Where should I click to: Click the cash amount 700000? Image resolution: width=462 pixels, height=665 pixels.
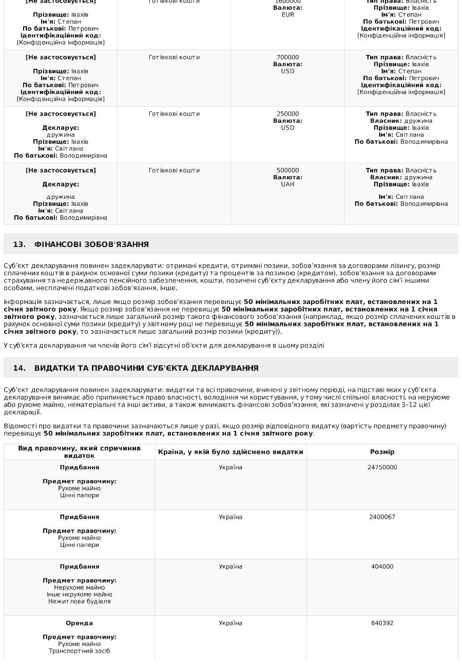pyautogui.click(x=287, y=58)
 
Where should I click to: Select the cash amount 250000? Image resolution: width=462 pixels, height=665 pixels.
pyautogui.click(x=287, y=114)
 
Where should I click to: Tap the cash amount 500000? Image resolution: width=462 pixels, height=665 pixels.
pyautogui.click(x=287, y=170)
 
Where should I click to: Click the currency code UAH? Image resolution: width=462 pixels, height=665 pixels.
pyautogui.click(x=287, y=184)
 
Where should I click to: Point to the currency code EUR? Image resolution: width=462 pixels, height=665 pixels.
pyautogui.click(x=288, y=15)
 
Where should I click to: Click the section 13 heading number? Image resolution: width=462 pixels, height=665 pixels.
pyautogui.click(x=20, y=244)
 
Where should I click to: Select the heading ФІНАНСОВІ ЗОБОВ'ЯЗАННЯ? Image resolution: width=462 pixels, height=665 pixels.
pyautogui.click(x=91, y=244)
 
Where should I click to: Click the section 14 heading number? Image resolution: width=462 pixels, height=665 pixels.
pyautogui.click(x=20, y=368)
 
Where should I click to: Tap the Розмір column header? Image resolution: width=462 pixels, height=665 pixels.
pyautogui.click(x=382, y=452)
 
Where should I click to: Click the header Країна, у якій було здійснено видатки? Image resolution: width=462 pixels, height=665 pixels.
pyautogui.click(x=230, y=452)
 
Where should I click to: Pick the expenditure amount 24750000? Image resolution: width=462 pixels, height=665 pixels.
pyautogui.click(x=382, y=468)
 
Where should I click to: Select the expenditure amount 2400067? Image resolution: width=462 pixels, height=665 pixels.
pyautogui.click(x=382, y=517)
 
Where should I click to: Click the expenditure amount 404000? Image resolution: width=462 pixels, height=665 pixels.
pyautogui.click(x=382, y=567)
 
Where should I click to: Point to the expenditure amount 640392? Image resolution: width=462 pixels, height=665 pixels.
pyautogui.click(x=382, y=623)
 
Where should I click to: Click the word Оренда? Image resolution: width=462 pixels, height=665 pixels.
pyautogui.click(x=79, y=623)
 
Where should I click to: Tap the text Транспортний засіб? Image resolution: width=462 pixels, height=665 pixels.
pyautogui.click(x=79, y=651)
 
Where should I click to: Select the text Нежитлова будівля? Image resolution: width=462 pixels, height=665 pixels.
pyautogui.click(x=79, y=601)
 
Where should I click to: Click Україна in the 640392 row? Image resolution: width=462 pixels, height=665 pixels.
pyautogui.click(x=230, y=623)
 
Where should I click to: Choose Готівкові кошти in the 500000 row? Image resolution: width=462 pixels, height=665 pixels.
pyautogui.click(x=174, y=170)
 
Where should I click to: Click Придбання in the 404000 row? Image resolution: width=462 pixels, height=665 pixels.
pyautogui.click(x=79, y=567)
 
